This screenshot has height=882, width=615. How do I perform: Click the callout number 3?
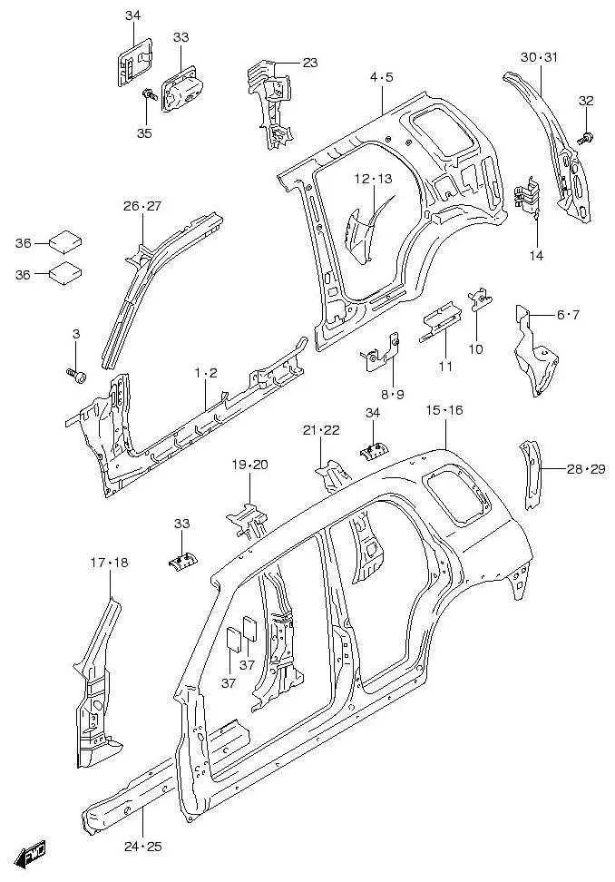coord(75,335)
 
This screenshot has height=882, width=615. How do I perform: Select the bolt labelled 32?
coord(585,136)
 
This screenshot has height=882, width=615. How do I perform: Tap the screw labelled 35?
coord(146,94)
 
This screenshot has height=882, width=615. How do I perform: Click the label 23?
coord(310,63)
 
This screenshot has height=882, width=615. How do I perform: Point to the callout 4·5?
coord(381,77)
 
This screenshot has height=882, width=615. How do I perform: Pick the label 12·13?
coord(373,179)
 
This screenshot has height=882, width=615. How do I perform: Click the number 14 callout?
coord(536,256)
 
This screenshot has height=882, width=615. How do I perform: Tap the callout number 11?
coord(444,366)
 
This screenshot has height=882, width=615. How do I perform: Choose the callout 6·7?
coord(567,315)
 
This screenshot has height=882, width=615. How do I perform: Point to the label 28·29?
coord(585,468)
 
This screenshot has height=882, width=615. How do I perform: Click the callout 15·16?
coord(444,411)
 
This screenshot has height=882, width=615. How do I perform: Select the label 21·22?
coord(321,430)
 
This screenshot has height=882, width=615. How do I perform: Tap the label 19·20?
coord(249,465)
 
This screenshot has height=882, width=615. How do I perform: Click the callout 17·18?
coord(109,563)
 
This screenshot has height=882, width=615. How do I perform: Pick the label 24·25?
coord(142,847)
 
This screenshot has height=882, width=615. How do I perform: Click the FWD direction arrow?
coord(34,854)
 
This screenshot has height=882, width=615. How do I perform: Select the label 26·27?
coord(142,207)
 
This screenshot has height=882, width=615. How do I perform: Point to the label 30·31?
coord(539,57)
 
